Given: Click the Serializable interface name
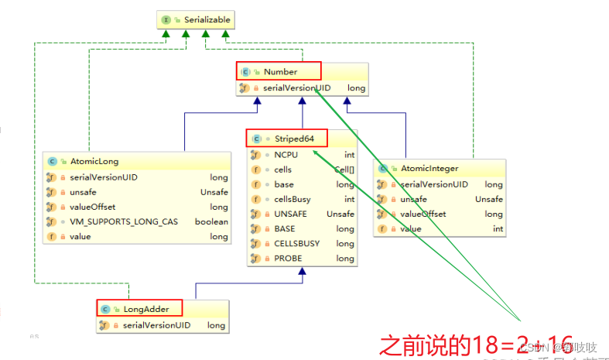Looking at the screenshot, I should [207, 19].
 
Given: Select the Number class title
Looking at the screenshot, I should [280, 72].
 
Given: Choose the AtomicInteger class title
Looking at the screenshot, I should [429, 169].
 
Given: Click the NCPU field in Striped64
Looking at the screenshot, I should [285, 155].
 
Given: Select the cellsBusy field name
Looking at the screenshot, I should [293, 199].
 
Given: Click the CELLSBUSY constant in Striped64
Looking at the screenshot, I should [296, 244].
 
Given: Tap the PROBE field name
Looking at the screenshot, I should [286, 259].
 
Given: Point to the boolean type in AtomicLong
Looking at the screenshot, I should [212, 221].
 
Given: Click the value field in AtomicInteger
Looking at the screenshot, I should [411, 229].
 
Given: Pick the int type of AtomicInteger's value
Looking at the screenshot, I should [498, 229].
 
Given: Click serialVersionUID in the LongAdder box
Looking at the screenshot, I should [156, 325].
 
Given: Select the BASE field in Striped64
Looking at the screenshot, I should [285, 229].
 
